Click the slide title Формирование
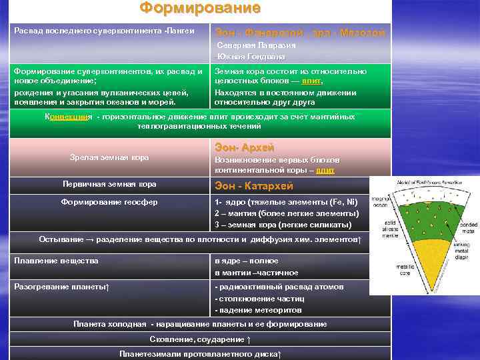click(200, 9)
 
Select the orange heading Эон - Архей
click(244, 147)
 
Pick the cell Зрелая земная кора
click(109, 157)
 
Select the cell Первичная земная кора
click(110, 183)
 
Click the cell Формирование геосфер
click(109, 202)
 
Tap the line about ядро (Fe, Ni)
click(287, 202)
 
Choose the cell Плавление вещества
click(56, 260)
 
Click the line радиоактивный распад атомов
click(280, 286)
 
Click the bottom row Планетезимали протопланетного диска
click(200, 353)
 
